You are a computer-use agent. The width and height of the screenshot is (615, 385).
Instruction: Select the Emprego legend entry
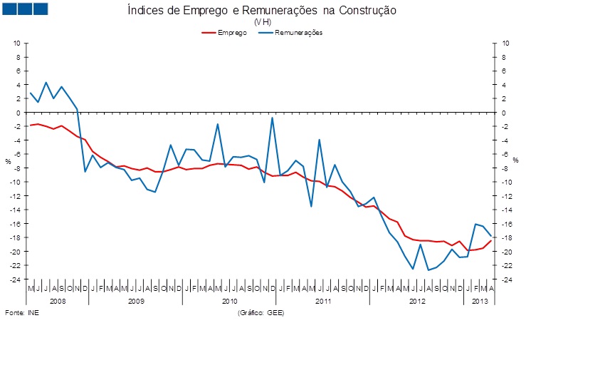pyautogui.click(x=232, y=33)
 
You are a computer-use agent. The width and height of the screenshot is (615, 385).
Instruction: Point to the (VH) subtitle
pyautogui.click(x=262, y=22)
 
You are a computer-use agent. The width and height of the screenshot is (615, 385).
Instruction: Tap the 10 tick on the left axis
pyautogui.click(x=17, y=43)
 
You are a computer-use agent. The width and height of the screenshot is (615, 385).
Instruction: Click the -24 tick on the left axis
pyautogui.click(x=16, y=279)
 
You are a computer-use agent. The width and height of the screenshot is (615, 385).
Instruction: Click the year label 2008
pyautogui.click(x=58, y=302)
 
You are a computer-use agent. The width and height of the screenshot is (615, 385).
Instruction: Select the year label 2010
pyautogui.click(x=229, y=302)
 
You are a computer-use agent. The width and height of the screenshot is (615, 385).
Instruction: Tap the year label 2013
pyautogui.click(x=480, y=302)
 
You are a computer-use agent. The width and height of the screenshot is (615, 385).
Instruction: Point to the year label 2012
pyautogui.click(x=416, y=302)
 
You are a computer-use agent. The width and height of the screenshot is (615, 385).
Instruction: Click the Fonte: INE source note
pyautogui.click(x=22, y=313)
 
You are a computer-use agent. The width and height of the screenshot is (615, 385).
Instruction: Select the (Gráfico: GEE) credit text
pyautogui.click(x=261, y=313)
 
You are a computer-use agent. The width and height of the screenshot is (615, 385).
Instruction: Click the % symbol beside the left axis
pyautogui.click(x=9, y=161)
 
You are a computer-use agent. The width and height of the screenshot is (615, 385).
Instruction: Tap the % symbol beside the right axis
pyautogui.click(x=515, y=160)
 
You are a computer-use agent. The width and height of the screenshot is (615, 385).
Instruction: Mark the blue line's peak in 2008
pyautogui.click(x=46, y=83)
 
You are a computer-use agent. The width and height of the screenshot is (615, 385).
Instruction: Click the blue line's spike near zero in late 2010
pyautogui.click(x=273, y=118)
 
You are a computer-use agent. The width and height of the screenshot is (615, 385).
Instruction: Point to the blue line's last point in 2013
pyautogui.click(x=491, y=236)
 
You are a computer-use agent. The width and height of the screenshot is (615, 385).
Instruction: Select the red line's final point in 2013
pyautogui.click(x=491, y=240)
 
